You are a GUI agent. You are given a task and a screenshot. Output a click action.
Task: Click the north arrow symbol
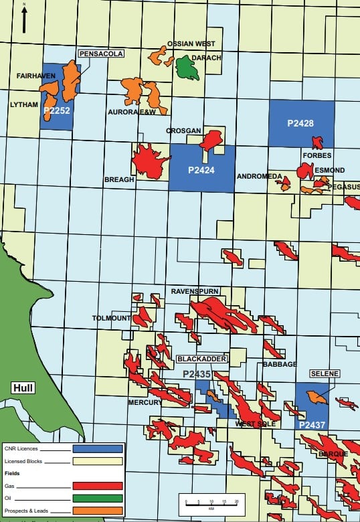point(25,19)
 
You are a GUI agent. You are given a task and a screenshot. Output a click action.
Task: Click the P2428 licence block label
point(300,123)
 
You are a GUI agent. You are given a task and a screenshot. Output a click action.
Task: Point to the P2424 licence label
point(201,170)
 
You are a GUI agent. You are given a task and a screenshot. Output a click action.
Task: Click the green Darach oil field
point(187,68)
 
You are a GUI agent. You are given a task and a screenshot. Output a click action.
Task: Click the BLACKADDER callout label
point(205,359)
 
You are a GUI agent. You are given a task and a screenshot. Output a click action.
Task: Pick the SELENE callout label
point(325,373)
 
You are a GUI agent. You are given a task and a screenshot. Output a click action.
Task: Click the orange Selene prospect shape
point(317,397)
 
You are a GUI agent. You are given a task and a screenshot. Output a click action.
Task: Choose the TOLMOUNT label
point(111,318)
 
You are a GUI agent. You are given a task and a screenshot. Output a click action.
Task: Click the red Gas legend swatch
point(98,486)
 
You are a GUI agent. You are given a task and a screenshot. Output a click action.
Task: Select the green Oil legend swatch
point(98,499)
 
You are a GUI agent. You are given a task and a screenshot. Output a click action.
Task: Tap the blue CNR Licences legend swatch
point(98,448)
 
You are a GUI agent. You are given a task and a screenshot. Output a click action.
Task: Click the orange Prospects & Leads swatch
point(98,512)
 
